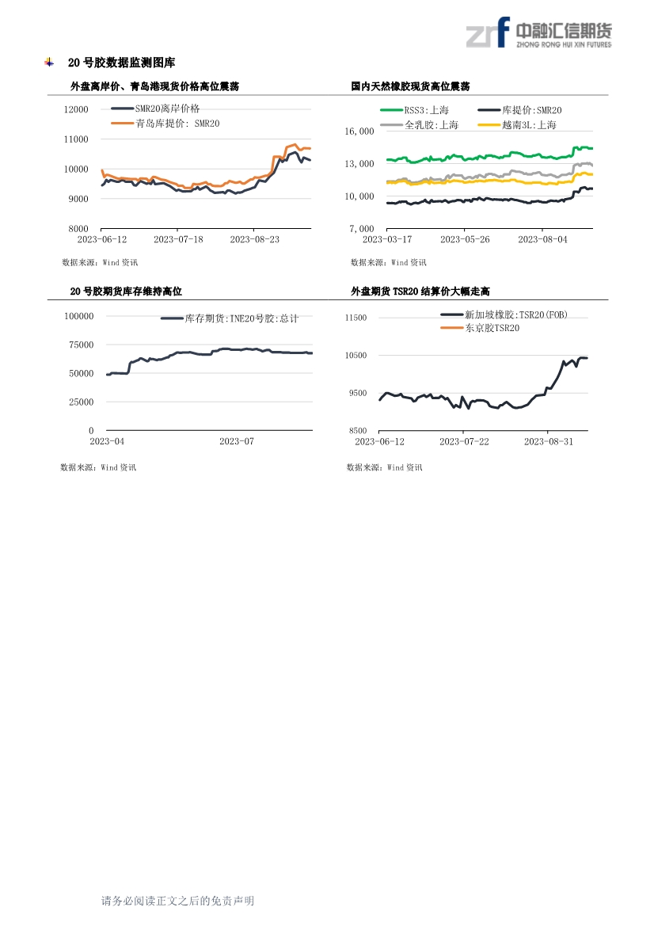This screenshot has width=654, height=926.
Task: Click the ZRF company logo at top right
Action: tap(538, 32)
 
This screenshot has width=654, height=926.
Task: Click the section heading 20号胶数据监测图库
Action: tap(122, 63)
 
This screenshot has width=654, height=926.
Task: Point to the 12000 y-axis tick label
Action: tap(76, 109)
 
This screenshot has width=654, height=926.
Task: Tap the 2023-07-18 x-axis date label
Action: tap(178, 239)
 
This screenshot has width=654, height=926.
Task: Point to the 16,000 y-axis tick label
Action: tap(359, 131)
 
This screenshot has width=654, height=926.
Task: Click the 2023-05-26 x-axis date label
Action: tap(465, 239)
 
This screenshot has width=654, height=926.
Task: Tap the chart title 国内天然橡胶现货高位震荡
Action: tap(410, 86)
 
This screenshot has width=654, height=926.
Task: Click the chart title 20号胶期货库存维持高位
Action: tap(126, 292)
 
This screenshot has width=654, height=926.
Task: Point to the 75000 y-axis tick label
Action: tap(82, 345)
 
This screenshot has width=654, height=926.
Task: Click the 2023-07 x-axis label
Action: tap(237, 441)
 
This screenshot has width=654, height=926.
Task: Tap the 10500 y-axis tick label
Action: tap(356, 355)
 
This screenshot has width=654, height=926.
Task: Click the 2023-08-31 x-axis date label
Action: tap(549, 441)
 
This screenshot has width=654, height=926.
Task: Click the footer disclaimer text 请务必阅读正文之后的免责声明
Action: tap(177, 901)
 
